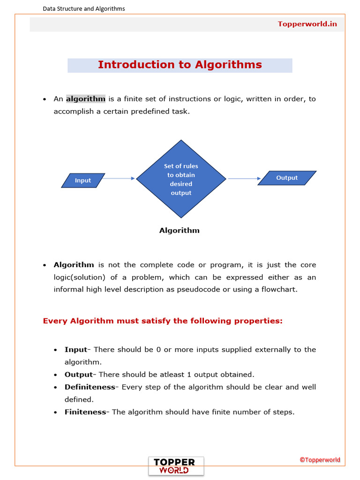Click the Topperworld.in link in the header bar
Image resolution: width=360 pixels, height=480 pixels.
click(x=307, y=24)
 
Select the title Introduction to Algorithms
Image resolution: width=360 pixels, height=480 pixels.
click(x=180, y=65)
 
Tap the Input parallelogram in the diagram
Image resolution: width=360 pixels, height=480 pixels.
click(x=83, y=180)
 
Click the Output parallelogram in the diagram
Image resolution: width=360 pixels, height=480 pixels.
click(x=287, y=178)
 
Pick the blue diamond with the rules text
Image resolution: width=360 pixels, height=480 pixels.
click(x=181, y=179)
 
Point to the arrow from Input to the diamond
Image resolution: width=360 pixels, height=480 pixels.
click(x=119, y=178)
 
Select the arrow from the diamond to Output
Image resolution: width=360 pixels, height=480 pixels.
click(x=244, y=178)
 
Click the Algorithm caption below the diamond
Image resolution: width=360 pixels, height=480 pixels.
click(x=180, y=231)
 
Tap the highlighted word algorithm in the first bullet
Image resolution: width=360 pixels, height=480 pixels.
click(x=85, y=99)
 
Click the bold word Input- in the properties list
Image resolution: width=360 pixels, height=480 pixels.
click(x=77, y=350)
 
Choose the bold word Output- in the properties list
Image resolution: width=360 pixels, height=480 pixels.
click(x=80, y=375)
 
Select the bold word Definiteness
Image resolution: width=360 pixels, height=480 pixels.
click(x=90, y=387)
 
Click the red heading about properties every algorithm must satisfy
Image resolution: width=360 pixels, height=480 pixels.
click(x=163, y=321)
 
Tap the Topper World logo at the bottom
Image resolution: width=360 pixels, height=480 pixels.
click(x=176, y=466)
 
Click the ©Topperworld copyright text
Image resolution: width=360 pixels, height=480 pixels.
click(x=320, y=460)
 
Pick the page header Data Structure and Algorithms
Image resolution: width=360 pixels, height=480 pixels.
click(x=84, y=8)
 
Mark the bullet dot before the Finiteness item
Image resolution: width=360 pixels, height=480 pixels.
click(x=55, y=412)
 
